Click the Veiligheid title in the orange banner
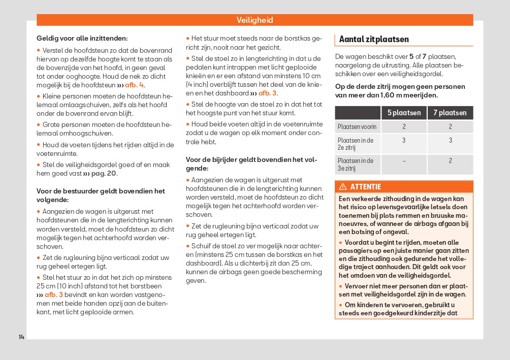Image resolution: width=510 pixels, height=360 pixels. coord(254,20)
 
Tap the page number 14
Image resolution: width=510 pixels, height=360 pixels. coord(21,337)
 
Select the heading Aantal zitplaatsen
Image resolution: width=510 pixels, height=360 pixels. coord(373,39)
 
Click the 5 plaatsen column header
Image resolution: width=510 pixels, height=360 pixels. coord(404,113)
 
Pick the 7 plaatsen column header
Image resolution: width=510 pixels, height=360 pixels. coord(450,113)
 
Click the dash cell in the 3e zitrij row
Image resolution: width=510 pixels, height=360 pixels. coord(404,160)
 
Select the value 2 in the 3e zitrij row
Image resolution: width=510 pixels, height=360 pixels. coord(450,160)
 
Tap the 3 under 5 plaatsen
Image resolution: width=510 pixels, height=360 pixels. coord(404,140)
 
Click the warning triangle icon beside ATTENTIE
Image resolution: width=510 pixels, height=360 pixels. coord(342,187)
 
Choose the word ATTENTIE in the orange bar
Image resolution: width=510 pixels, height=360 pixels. coord(365,187)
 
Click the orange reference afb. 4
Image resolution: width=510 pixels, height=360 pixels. coord(135,85)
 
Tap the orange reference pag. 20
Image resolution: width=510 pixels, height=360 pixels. coord(104,174)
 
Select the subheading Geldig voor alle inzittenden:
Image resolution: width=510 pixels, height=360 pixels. coord(82,38)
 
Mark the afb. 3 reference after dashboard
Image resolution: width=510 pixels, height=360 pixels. coord(267,93)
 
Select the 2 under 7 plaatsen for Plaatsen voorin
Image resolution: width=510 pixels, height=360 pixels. coord(450,126)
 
